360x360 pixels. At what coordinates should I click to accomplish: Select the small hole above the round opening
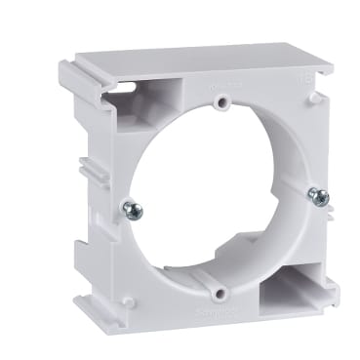coord(222,100)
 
